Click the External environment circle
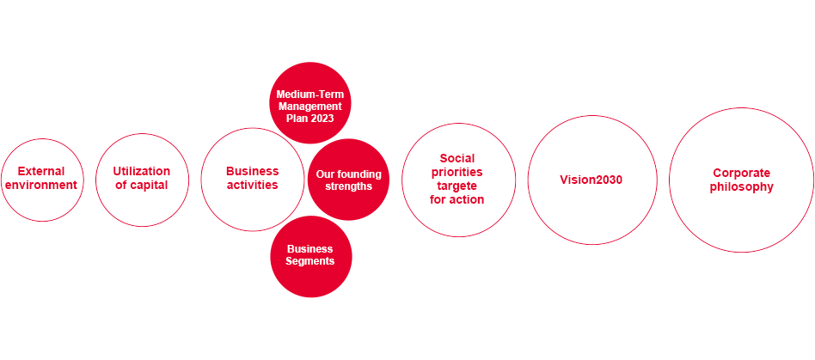(x=41, y=179)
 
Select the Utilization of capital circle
(x=142, y=179)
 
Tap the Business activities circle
(x=252, y=179)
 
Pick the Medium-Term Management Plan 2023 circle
(x=310, y=103)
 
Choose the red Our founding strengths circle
(x=348, y=180)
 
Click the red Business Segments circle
(x=310, y=256)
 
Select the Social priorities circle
(x=458, y=180)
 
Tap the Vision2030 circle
(x=591, y=180)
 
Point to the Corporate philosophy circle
(x=741, y=180)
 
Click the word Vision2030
(x=591, y=180)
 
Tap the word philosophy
(x=741, y=186)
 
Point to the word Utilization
(x=142, y=171)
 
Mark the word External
(x=41, y=171)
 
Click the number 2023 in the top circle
(x=322, y=119)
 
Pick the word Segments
(x=310, y=261)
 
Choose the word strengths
(x=348, y=186)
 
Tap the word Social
(x=457, y=158)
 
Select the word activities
(x=252, y=185)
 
